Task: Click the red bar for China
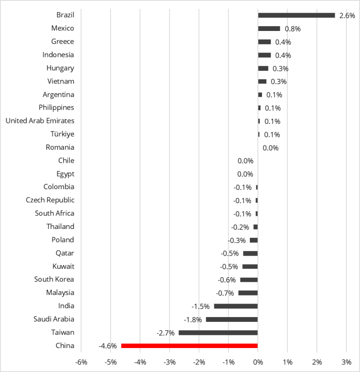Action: coord(189,346)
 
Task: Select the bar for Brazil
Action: coord(296,15)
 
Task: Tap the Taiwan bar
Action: coord(218,333)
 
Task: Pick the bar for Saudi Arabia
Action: coord(232,319)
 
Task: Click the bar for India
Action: coord(236,306)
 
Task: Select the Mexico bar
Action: coord(269,28)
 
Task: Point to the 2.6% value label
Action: coord(347,15)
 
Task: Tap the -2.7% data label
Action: coord(165,333)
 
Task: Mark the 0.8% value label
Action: coord(292,29)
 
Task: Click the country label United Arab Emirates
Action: coord(40,121)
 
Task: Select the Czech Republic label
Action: coord(50,200)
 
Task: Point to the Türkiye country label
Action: coord(62,134)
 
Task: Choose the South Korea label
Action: coord(54,279)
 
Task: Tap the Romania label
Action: coord(60,147)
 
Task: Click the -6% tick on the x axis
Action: coord(81,362)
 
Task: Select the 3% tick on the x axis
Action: coord(346,362)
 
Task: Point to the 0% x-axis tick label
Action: coord(258,362)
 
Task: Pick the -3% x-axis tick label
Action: coord(169,362)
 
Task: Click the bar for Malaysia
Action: coord(248,293)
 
